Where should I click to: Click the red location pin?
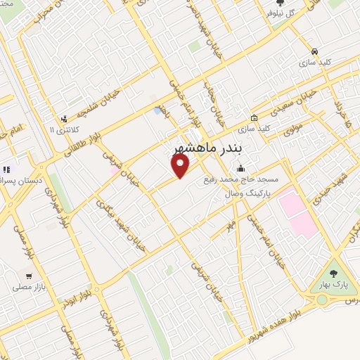tap(181, 165)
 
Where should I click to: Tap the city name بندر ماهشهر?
tap(207, 148)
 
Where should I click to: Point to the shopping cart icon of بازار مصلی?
tap(28, 276)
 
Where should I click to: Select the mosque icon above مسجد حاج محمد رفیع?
tap(241, 168)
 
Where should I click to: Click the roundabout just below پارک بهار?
tap(322, 300)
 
